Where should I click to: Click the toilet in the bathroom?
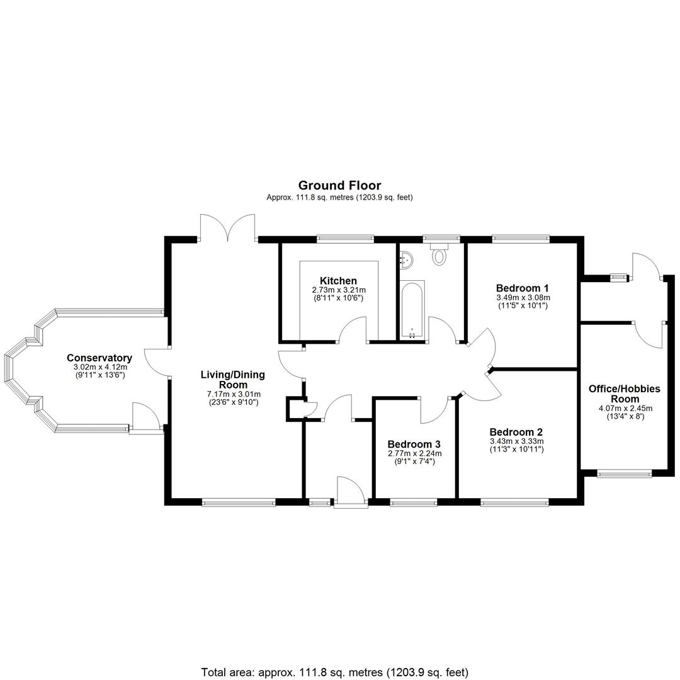(439, 254)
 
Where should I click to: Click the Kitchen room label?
(338, 281)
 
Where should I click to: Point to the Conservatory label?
(99, 358)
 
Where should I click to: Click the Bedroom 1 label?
(523, 288)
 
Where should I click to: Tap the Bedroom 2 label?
(516, 432)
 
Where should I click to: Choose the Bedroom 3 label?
(414, 444)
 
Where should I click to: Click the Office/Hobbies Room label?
(625, 394)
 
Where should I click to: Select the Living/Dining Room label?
(233, 380)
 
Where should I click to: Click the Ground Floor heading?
(339, 186)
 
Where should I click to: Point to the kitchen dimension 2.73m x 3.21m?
(339, 290)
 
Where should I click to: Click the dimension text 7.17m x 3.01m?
(234, 394)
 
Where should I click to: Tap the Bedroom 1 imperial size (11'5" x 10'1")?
(523, 305)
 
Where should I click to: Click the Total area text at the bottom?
(335, 672)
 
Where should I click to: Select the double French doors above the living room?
(227, 227)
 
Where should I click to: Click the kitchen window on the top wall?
(345, 237)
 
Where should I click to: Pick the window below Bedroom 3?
(414, 502)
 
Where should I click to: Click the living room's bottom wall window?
(239, 502)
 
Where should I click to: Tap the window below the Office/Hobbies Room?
(625, 474)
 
